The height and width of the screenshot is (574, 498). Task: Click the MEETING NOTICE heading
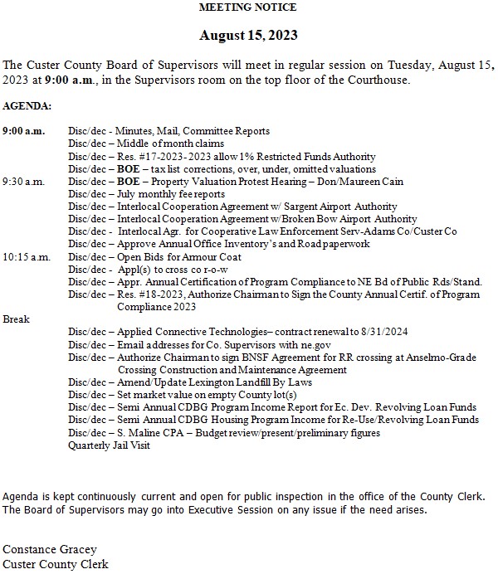click(248, 7)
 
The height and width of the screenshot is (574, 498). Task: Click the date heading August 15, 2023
click(248, 36)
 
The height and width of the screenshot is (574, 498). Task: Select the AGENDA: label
click(27, 107)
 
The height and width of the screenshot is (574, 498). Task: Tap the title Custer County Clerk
click(56, 565)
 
